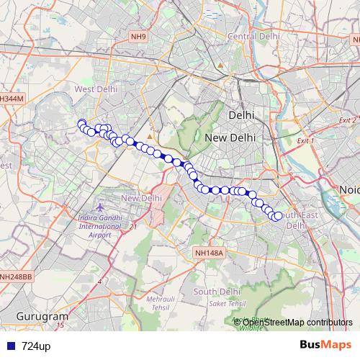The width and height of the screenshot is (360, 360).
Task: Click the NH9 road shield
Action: pos(138,35)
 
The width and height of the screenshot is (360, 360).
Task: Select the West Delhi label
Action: pos(96,89)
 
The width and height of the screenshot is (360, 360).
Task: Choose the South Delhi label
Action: pos(216,291)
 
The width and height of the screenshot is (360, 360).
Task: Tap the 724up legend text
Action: pos(36,346)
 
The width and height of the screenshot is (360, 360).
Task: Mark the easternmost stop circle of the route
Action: pos(278,216)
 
